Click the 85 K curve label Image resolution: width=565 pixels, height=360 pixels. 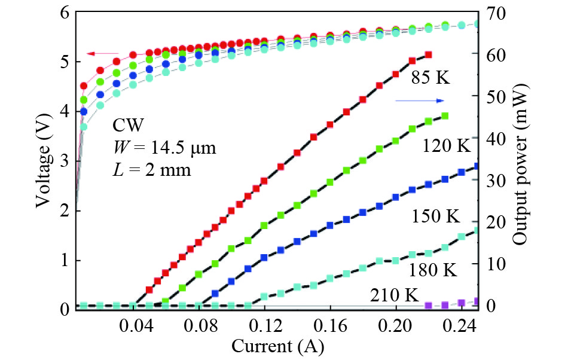tap(430, 78)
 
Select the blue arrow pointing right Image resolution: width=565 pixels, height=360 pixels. tap(420, 100)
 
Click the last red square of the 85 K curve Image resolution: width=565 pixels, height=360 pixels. tap(428, 54)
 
